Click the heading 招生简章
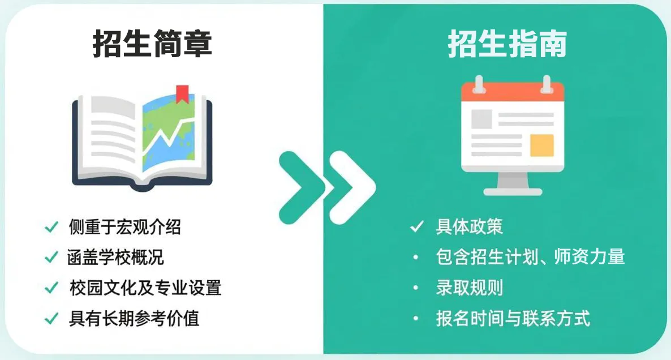(152, 44)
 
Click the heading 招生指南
(507, 44)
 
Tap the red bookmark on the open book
(182, 94)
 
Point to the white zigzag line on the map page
(167, 136)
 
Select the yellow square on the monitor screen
(541, 145)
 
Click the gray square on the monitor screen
(481, 119)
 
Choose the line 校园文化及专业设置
(145, 288)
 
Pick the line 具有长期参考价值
(134, 318)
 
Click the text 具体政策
(469, 227)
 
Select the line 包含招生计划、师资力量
(530, 257)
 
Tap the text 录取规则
(469, 288)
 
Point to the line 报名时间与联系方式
(513, 318)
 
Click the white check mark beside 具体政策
(417, 227)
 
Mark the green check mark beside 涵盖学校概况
(51, 257)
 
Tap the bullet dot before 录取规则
(416, 288)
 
